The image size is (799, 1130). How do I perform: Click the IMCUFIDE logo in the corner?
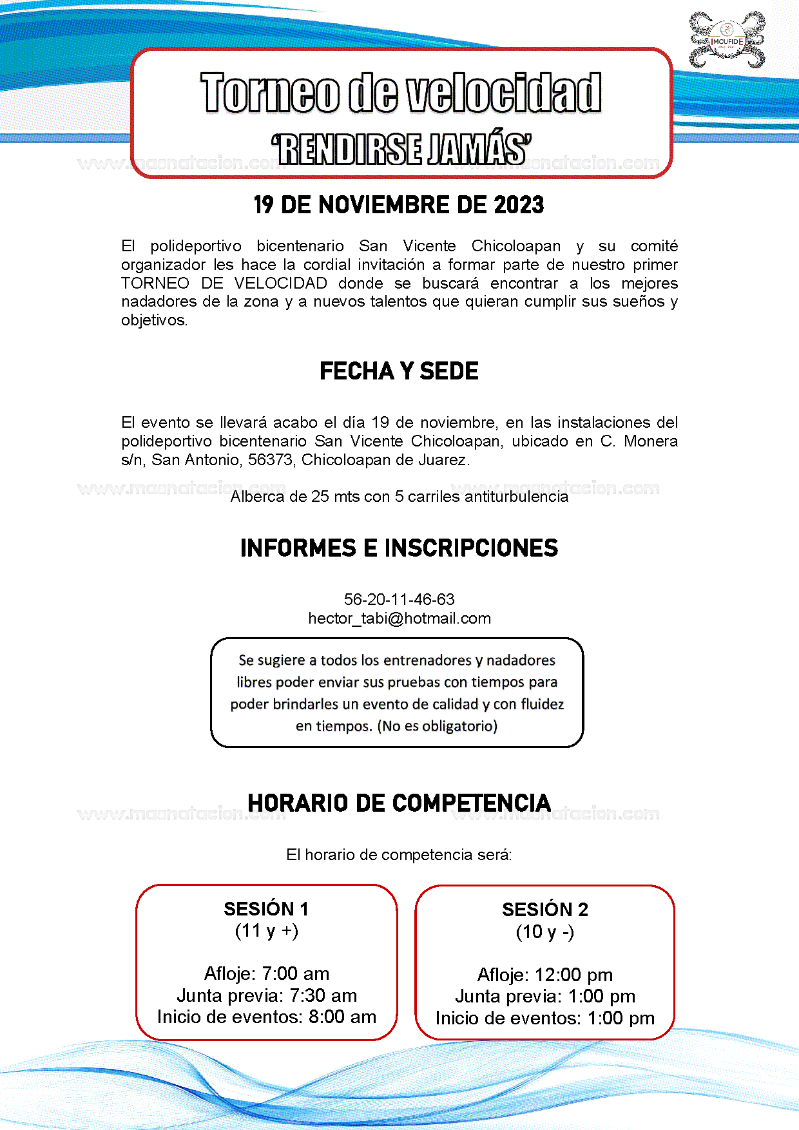(727, 40)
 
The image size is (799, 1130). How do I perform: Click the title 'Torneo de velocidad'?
(401, 93)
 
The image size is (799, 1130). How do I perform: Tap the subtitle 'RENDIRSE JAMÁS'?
(401, 149)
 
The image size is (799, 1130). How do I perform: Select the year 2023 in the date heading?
(519, 205)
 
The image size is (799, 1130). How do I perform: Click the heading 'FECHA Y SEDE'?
(399, 371)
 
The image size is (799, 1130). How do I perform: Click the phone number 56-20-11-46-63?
(399, 599)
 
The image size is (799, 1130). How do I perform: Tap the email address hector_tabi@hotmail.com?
(399, 618)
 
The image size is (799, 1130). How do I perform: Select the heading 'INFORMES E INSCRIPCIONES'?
(399, 548)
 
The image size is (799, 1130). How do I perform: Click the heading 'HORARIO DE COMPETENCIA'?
(399, 803)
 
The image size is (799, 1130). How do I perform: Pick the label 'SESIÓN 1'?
(266, 909)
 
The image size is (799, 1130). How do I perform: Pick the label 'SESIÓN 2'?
(545, 910)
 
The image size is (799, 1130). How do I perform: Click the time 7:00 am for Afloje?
(296, 973)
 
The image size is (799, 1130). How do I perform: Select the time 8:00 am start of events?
(342, 1017)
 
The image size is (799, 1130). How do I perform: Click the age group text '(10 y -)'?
(545, 932)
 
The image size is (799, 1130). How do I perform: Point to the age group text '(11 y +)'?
(266, 930)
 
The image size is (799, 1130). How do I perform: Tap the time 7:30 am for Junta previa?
(323, 995)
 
